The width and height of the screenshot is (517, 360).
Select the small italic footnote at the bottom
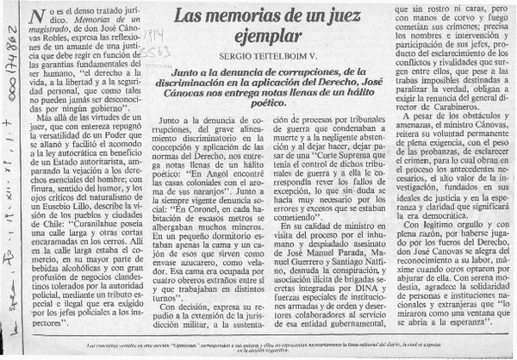[x=258, y=347]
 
